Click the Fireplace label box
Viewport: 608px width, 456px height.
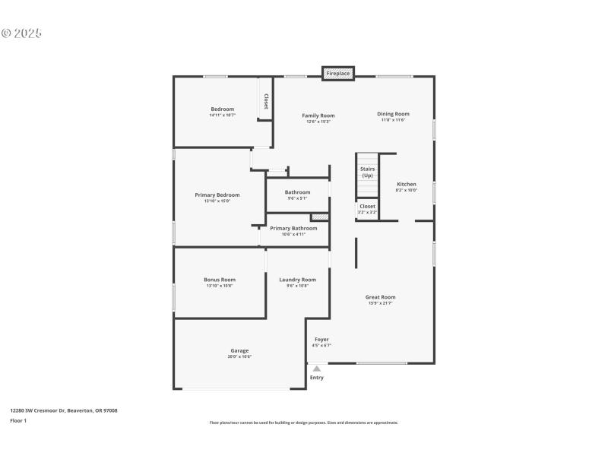pos(338,74)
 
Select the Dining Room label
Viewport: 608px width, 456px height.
pos(393,114)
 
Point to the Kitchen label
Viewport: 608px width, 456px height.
pos(407,185)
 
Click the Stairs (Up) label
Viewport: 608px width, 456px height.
pos(367,172)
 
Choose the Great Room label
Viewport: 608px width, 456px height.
pos(381,297)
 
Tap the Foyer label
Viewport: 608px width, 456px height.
pos(321,339)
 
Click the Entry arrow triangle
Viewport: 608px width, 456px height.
pos(317,369)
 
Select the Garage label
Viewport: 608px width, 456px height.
pos(239,350)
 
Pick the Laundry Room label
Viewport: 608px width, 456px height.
pos(297,280)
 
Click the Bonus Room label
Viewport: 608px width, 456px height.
pos(219,280)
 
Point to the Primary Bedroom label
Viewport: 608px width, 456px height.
pos(217,195)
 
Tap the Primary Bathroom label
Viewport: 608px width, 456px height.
pos(293,228)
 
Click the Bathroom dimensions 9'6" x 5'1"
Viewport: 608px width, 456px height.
pos(297,198)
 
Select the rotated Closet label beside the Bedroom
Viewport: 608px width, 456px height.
pos(266,101)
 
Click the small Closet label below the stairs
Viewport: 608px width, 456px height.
pos(367,206)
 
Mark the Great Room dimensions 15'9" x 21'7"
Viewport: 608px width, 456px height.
pos(381,303)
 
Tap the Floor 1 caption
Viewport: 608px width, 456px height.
pos(18,420)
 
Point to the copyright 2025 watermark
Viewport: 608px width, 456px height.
pos(21,33)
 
